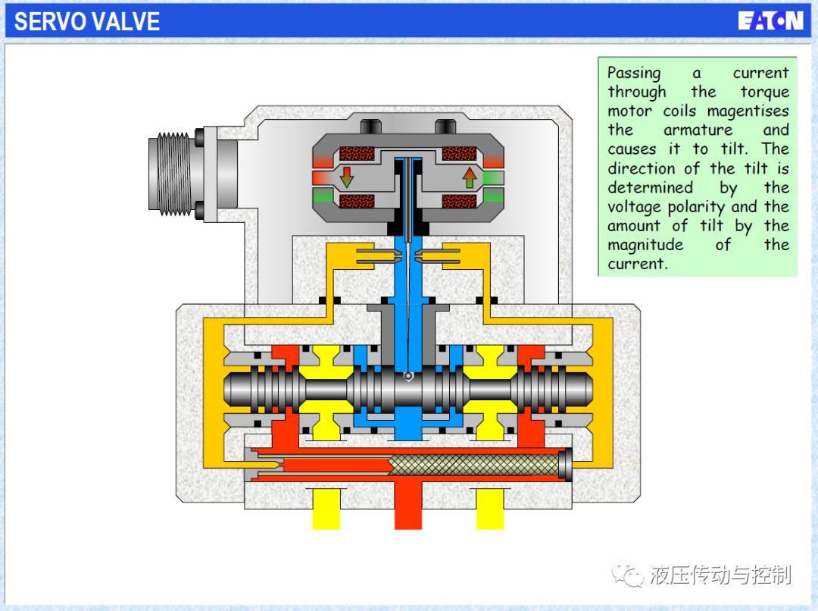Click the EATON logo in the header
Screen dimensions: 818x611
point(770,21)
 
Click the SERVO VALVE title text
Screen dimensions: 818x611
point(87,22)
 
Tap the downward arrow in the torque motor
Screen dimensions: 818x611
point(346,177)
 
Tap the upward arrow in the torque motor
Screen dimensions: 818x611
point(470,177)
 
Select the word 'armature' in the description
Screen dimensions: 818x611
point(698,130)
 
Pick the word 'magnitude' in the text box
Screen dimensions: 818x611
point(645,246)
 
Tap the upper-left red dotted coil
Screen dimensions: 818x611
point(357,154)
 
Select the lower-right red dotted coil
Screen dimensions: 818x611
point(459,201)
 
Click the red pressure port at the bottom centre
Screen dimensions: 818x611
point(408,505)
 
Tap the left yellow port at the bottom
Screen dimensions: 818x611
point(326,509)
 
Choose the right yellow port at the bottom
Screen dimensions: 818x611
point(490,509)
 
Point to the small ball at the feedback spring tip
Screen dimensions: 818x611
point(408,375)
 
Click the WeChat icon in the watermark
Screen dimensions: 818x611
point(628,574)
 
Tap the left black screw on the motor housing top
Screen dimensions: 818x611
point(371,127)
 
